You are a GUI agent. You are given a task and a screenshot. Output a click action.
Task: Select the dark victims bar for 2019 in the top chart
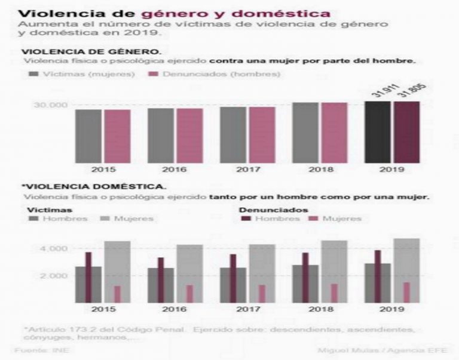tap(378, 132)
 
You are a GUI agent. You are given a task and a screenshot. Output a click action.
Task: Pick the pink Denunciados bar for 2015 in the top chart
tap(117, 136)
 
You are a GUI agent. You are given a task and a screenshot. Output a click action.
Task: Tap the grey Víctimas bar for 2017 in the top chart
tap(233, 134)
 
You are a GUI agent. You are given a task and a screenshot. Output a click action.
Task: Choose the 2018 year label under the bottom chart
tap(320, 310)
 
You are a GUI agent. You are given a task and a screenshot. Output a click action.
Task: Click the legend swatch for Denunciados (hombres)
tap(153, 74)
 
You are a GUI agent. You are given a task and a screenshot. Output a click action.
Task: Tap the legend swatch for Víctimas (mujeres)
tap(34, 74)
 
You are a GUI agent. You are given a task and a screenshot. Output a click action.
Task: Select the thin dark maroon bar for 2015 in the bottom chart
tap(88, 278)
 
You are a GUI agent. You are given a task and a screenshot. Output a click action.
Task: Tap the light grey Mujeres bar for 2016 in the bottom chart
tap(189, 273)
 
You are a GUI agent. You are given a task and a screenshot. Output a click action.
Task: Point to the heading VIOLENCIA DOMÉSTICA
tap(86, 186)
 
